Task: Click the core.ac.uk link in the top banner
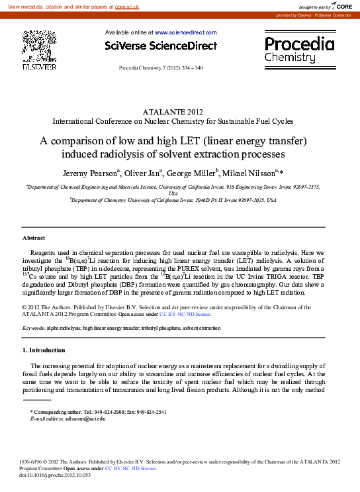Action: coord(126,6)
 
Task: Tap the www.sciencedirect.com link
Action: coord(185,32)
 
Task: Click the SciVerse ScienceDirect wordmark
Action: coord(161,46)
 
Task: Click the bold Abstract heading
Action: coord(34,237)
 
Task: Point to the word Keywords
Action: coord(34,328)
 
